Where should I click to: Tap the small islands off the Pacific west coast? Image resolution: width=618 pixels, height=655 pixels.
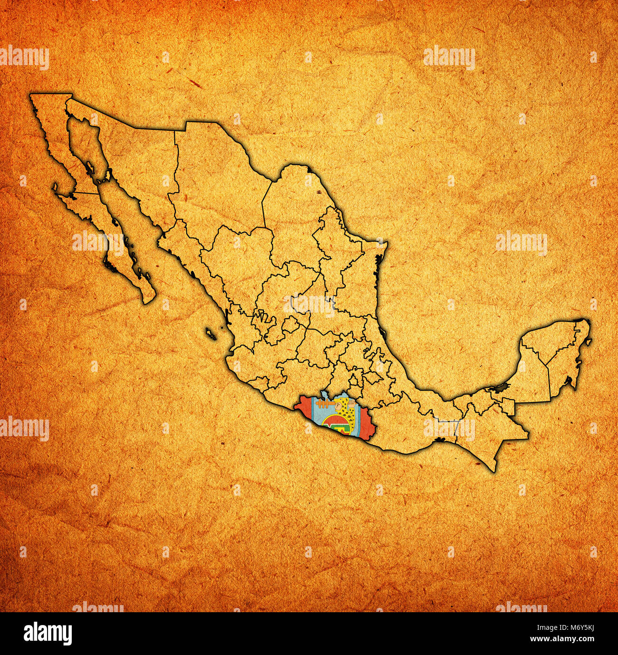210,332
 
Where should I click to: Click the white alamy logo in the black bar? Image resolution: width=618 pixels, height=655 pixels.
48,633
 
